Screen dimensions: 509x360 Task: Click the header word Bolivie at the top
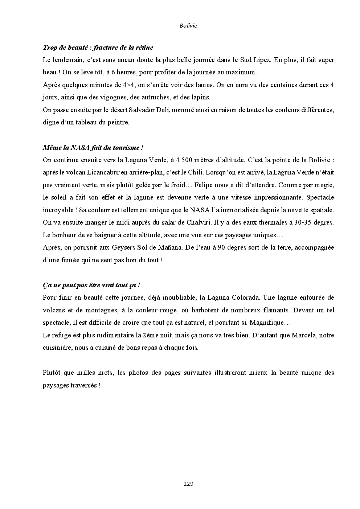pos(188,26)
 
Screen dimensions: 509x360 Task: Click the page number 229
pos(188,484)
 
